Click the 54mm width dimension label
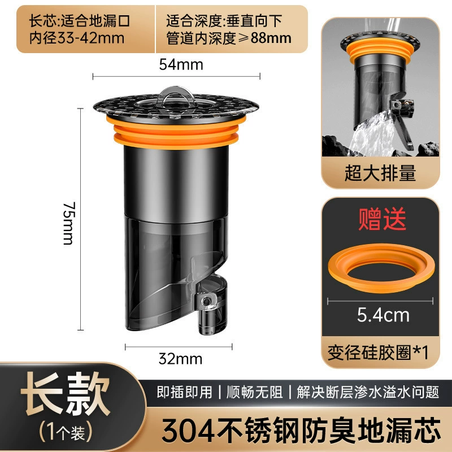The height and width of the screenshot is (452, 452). tap(181, 64)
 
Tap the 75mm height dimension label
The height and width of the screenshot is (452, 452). tap(69, 223)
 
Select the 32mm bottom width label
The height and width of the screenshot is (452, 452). tap(180, 359)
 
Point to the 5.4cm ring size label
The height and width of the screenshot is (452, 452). tap(383, 315)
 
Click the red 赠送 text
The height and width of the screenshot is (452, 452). tap(383, 219)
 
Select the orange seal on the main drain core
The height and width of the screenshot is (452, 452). tap(176, 133)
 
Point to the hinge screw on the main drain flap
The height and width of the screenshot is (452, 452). tap(206, 302)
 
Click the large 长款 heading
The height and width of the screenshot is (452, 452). tap(66, 394)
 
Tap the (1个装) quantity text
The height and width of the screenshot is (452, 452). tap(66, 432)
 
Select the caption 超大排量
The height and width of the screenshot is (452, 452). tap(380, 173)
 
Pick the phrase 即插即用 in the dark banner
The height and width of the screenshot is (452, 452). tap(185, 392)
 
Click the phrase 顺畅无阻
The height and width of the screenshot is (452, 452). tap(254, 392)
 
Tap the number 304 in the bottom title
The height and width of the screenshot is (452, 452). tap(188, 431)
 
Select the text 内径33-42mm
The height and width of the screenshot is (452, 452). tap(77, 38)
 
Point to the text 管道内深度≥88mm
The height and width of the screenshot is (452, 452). tap(229, 38)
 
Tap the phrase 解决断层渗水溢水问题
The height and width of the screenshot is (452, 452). tap(368, 392)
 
